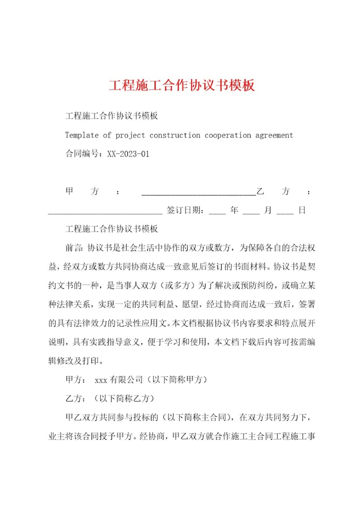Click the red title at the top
click(182, 85)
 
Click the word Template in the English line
click(82, 135)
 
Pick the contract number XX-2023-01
click(128, 154)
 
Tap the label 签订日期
click(183, 211)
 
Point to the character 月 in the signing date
click(268, 211)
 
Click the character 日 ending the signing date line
click(302, 211)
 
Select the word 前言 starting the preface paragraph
click(73, 248)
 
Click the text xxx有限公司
click(118, 380)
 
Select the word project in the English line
click(130, 135)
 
